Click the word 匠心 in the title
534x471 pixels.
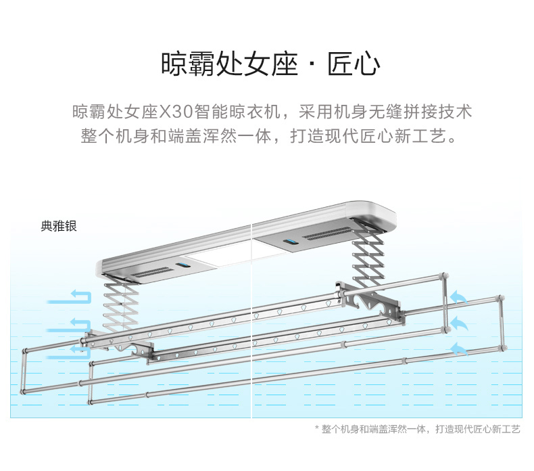(x=354, y=66)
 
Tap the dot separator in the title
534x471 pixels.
(x=312, y=66)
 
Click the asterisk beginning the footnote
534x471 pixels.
(x=317, y=429)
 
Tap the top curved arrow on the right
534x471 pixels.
(x=459, y=297)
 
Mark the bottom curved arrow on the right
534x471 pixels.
(x=459, y=348)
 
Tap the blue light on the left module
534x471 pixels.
(x=182, y=267)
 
